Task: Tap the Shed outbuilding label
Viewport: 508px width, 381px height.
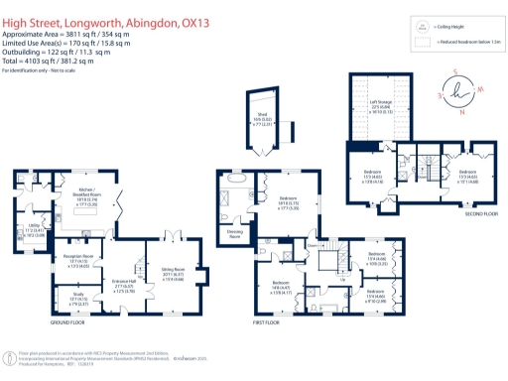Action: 265,115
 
